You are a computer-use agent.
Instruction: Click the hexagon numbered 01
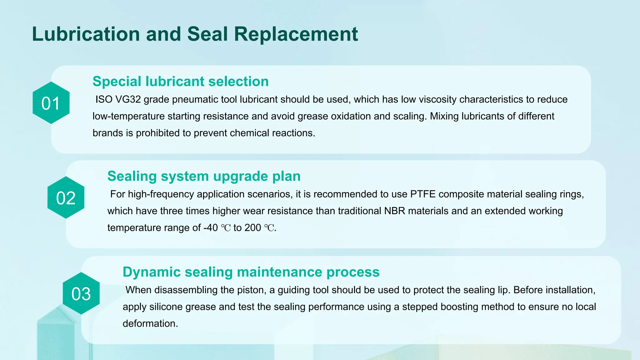pyautogui.click(x=51, y=103)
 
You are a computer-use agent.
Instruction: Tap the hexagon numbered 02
pyautogui.click(x=66, y=198)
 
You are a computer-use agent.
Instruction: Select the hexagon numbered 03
pyautogui.click(x=81, y=293)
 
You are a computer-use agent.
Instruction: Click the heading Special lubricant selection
pyautogui.click(x=180, y=81)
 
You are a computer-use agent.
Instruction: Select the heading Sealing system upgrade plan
pyautogui.click(x=204, y=176)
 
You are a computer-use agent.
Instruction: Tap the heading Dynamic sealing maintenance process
pyautogui.click(x=251, y=272)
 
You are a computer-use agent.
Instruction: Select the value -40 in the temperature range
pyautogui.click(x=210, y=228)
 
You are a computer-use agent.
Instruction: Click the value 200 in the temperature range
pyautogui.click(x=252, y=228)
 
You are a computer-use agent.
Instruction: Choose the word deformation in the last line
pyautogui.click(x=150, y=323)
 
